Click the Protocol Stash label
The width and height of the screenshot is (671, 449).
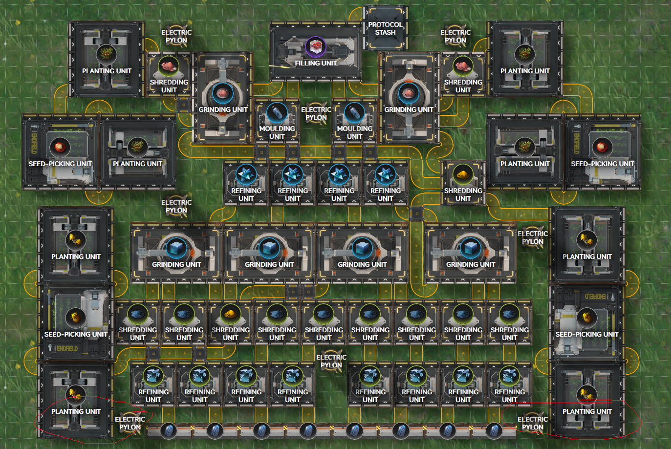(x=385, y=28)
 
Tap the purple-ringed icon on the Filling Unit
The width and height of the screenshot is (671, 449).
(x=315, y=47)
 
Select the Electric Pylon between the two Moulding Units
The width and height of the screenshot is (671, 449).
(x=316, y=113)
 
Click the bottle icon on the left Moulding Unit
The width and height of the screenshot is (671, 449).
(x=277, y=113)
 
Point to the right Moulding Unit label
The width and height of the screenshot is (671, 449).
(x=355, y=132)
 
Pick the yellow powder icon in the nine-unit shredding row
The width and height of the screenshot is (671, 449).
(x=230, y=314)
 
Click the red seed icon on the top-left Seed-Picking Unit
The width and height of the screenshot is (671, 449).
(x=60, y=147)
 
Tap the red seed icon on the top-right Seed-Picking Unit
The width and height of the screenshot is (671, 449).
(x=603, y=147)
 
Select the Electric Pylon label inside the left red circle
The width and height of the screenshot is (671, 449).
(x=130, y=423)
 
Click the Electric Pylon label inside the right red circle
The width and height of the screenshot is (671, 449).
(x=533, y=423)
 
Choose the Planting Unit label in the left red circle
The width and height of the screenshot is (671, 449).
(x=76, y=411)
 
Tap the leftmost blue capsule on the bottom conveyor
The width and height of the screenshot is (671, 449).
(x=169, y=431)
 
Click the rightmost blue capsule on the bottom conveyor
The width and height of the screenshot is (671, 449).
(x=494, y=431)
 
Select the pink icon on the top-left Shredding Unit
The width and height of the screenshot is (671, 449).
(x=169, y=66)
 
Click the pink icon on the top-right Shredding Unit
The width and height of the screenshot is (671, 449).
(x=463, y=66)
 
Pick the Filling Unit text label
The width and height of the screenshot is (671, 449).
(x=316, y=63)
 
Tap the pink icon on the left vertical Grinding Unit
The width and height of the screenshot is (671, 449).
(x=222, y=93)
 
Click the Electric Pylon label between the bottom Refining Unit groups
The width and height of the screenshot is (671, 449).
(x=331, y=361)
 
